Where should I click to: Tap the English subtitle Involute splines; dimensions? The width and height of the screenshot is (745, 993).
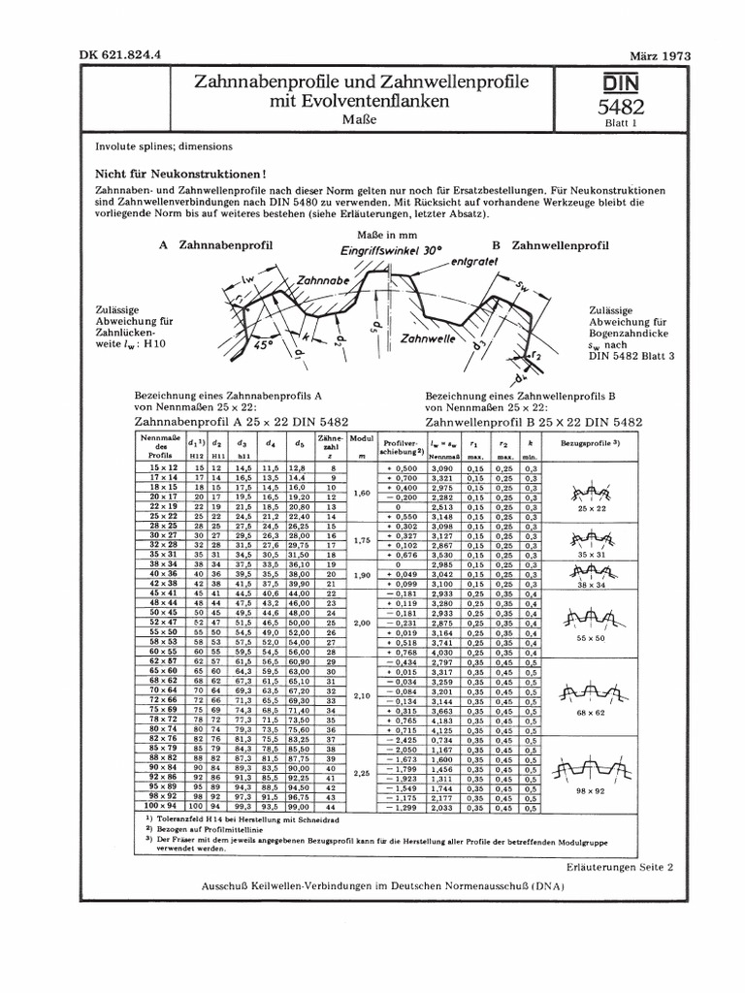coord(164,146)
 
